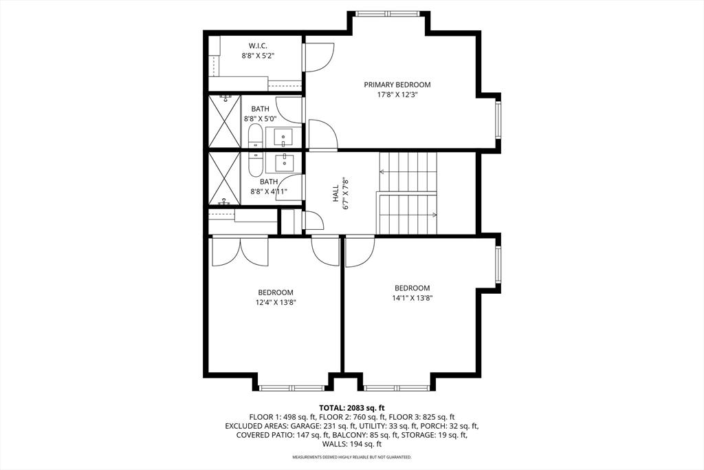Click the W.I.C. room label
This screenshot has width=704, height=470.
(x=258, y=45)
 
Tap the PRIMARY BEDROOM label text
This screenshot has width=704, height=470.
(x=397, y=85)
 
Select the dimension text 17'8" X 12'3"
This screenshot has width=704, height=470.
(x=397, y=95)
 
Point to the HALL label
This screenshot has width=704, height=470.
(x=336, y=193)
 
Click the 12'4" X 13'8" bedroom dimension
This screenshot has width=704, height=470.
(x=275, y=302)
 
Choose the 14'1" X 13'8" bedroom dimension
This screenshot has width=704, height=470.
(x=412, y=298)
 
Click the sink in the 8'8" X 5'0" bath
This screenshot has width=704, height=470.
(x=284, y=137)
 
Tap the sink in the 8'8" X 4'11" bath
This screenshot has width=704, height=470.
(x=284, y=162)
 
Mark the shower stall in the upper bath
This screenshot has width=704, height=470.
(x=224, y=121)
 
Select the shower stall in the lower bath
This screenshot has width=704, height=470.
(x=224, y=178)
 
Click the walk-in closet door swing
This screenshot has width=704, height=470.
(x=318, y=57)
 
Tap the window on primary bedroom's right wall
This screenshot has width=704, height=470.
(x=498, y=120)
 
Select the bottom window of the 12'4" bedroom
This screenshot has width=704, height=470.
(x=291, y=388)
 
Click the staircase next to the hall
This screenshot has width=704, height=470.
(x=408, y=193)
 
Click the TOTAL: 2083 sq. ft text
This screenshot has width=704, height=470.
(x=351, y=407)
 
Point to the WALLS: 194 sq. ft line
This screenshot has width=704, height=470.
(x=351, y=444)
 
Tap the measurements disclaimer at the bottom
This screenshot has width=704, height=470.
(x=351, y=457)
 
